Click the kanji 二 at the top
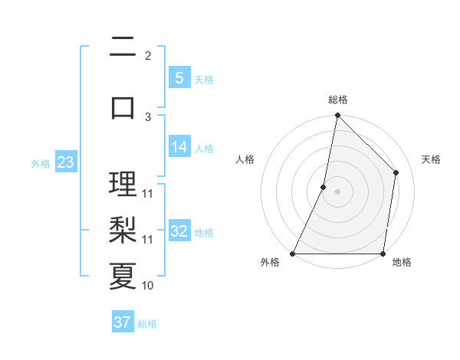point(123,48)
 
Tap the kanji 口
point(123,106)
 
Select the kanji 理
point(123,184)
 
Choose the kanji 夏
point(123,276)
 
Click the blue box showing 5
point(179,78)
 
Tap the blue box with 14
point(179,148)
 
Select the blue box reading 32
point(179,232)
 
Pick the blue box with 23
point(65,162)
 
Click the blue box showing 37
point(123,322)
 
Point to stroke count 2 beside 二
point(148,55)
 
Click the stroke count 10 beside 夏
point(148,286)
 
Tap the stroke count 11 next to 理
point(148,193)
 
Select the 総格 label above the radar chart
point(338,100)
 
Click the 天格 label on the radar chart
point(432,159)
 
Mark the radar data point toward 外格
point(293,254)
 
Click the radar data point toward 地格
point(383,254)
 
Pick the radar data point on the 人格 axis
point(324,187)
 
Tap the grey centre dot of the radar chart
point(338,191)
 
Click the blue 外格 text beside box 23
point(41,163)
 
